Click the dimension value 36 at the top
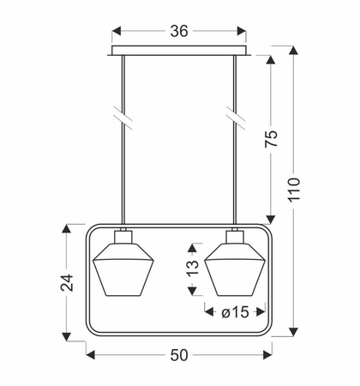(179, 31)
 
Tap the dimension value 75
(271, 139)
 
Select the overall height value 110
(294, 190)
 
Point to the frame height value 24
(67, 282)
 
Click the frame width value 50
(179, 355)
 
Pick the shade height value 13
(193, 268)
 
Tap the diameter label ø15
(235, 312)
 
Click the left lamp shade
(123, 269)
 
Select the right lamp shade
(235, 269)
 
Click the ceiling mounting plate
(179, 51)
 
